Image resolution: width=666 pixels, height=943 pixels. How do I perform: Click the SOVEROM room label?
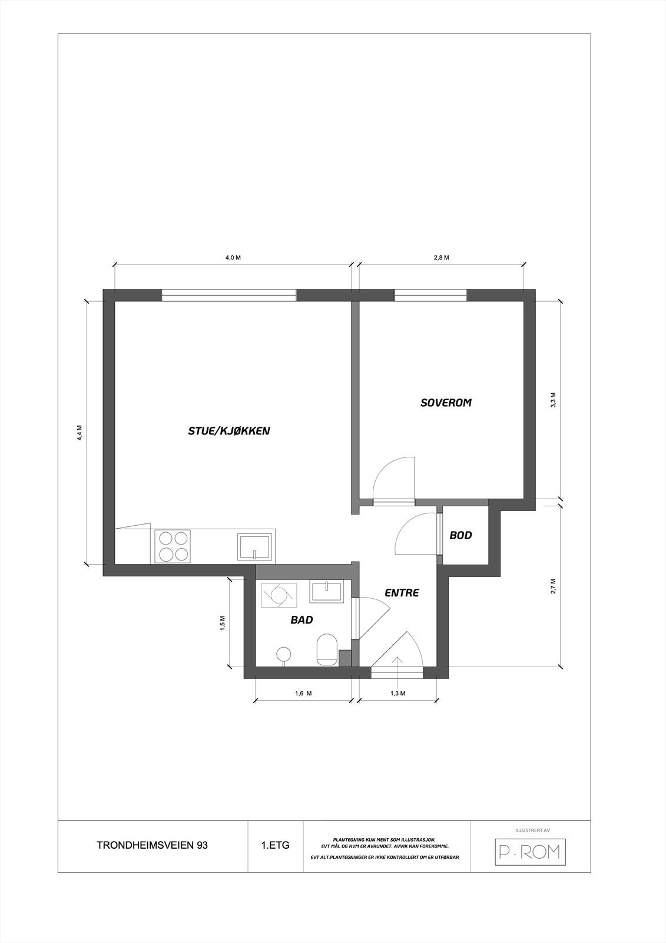(446, 403)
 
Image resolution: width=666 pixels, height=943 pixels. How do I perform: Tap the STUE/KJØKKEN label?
(228, 431)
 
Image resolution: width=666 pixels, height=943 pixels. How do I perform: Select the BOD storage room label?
(460, 535)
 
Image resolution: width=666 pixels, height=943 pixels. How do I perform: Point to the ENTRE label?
(402, 593)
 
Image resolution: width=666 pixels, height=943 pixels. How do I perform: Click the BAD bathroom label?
(301, 620)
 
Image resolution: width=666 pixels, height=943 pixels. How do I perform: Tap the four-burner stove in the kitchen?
(173, 546)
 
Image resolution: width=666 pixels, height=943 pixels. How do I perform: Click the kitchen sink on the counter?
(255, 546)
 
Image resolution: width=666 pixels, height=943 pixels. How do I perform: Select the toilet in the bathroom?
(326, 651)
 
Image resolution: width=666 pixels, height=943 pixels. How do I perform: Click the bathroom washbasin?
(327, 592)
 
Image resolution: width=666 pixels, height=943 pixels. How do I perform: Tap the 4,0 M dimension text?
(233, 258)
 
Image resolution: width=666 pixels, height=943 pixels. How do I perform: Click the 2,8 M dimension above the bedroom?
(442, 258)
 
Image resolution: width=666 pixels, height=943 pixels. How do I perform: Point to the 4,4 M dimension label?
(79, 433)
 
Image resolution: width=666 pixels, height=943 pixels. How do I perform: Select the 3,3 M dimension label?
(552, 400)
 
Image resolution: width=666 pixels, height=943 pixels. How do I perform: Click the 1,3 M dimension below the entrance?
(398, 694)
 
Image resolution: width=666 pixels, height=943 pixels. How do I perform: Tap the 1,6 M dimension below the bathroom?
(303, 694)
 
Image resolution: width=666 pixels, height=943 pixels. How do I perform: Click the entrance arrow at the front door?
(397, 662)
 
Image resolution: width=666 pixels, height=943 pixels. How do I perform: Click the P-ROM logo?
(529, 852)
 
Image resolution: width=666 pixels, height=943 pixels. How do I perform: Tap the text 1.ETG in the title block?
(275, 845)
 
